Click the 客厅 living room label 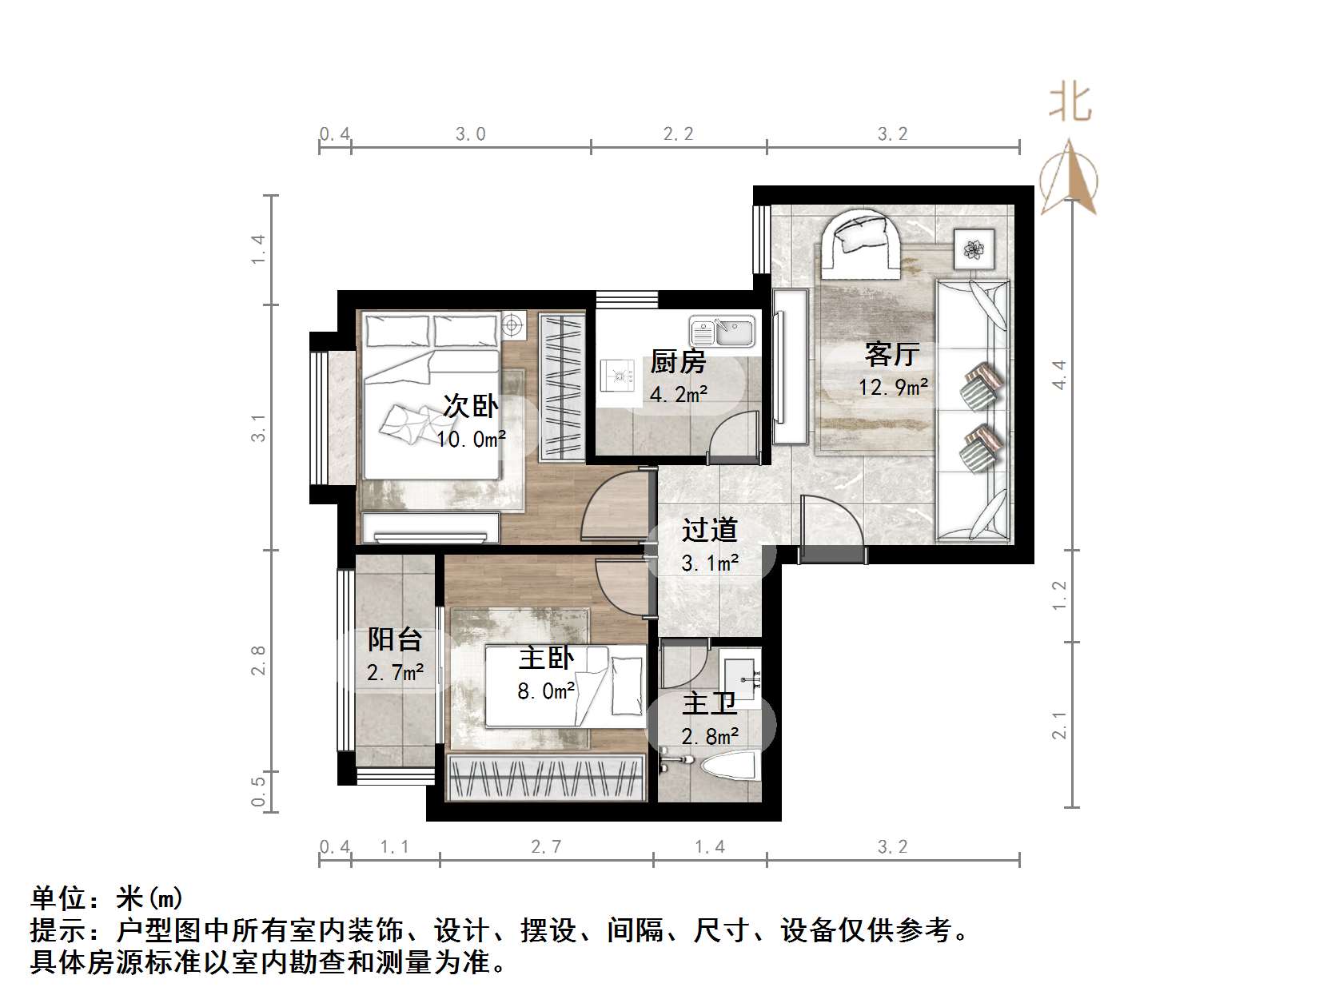pos(892,353)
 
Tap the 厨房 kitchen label pos(678,362)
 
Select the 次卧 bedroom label pos(471,407)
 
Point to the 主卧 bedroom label pos(546,659)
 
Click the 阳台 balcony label pos(395,639)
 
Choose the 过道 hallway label pos(709,530)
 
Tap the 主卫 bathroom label pos(709,704)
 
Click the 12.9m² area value pos(893,388)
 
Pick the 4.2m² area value pos(679,393)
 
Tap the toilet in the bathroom pos(728,766)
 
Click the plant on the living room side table pos(974,249)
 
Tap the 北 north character pos(1070,104)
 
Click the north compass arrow pos(1070,177)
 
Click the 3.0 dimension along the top pos(471,134)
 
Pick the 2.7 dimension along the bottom pos(546,847)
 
